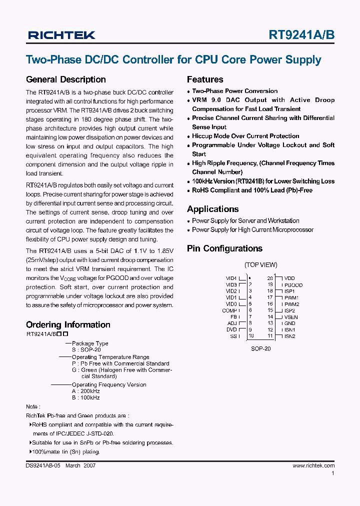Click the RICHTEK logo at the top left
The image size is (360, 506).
61,35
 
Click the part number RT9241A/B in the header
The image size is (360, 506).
301,35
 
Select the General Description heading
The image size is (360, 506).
65,79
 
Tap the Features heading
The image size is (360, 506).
205,79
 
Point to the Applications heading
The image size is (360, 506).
212,209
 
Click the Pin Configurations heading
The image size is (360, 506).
224,248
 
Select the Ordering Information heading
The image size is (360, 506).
68,324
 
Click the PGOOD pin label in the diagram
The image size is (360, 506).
293,285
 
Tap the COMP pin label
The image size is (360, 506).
229,310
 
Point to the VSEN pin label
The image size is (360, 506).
291,317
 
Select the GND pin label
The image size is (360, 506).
290,323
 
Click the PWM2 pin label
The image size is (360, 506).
291,304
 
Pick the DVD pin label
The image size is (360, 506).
231,329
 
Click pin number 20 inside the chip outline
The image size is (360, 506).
270,278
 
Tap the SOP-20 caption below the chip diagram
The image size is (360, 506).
260,348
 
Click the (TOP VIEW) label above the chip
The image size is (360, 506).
260,265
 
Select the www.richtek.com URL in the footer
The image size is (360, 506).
313,465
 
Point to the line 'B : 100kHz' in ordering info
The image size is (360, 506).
86,397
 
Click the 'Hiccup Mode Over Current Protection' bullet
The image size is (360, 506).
245,136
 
